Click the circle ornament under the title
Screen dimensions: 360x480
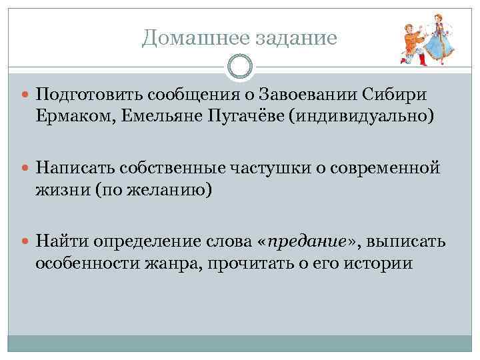240,67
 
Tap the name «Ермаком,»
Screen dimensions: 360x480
69,119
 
